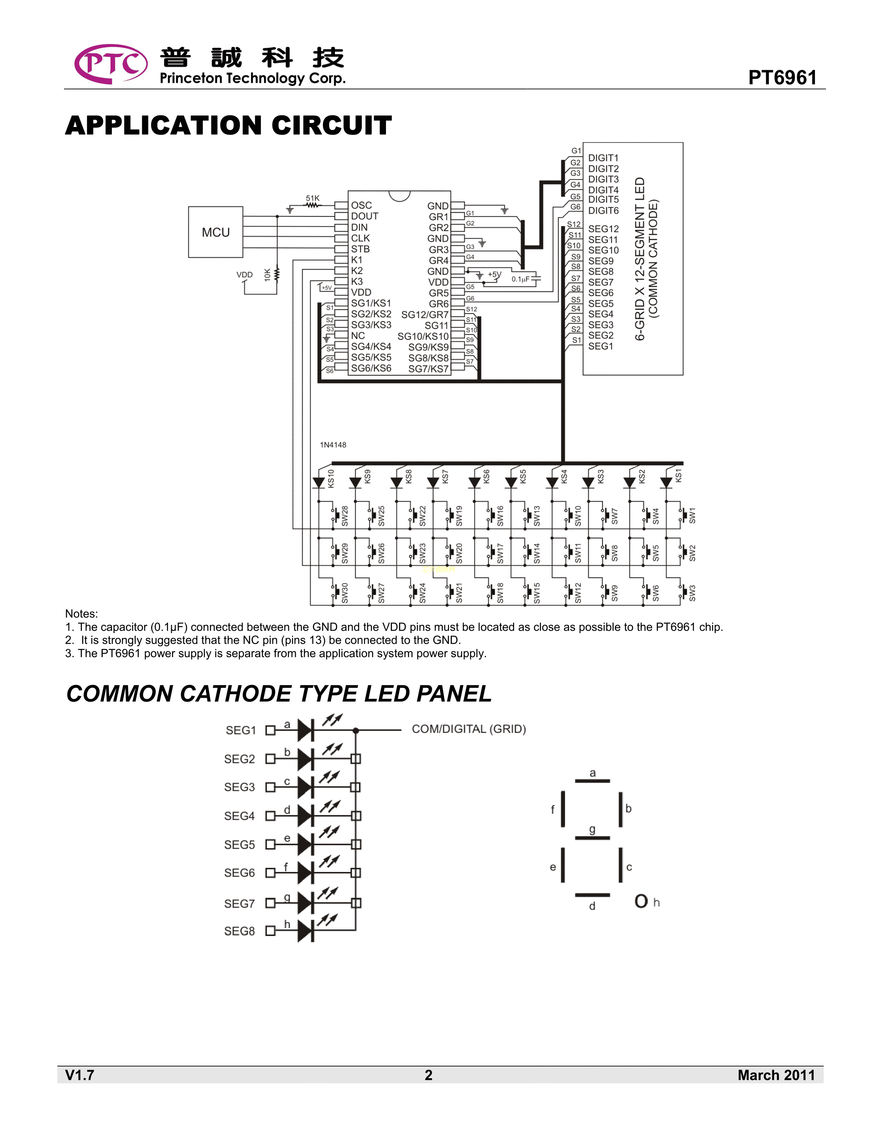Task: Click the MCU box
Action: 215,232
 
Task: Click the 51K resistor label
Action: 313,198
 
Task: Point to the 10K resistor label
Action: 267,275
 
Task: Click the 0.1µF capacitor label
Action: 520,279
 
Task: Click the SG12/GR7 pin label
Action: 425,315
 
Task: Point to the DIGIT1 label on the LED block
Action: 603,158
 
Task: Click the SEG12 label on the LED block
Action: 603,229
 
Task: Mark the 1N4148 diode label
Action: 333,445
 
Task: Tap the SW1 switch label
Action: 692,515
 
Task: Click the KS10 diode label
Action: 331,478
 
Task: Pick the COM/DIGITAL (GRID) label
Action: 469,729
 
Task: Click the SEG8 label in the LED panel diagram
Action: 239,931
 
